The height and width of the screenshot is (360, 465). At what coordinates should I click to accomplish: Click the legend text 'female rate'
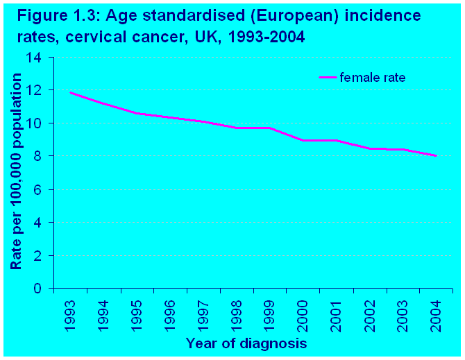[x=372, y=78]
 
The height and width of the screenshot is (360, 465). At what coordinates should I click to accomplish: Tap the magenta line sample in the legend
[x=328, y=78]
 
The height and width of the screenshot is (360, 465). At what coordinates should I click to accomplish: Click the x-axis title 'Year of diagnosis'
[x=246, y=343]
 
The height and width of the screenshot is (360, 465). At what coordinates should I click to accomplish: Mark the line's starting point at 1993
[x=71, y=92]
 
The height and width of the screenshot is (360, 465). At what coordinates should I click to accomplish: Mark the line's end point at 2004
[x=436, y=156]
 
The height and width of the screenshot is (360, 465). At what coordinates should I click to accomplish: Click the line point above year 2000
[x=303, y=140]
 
